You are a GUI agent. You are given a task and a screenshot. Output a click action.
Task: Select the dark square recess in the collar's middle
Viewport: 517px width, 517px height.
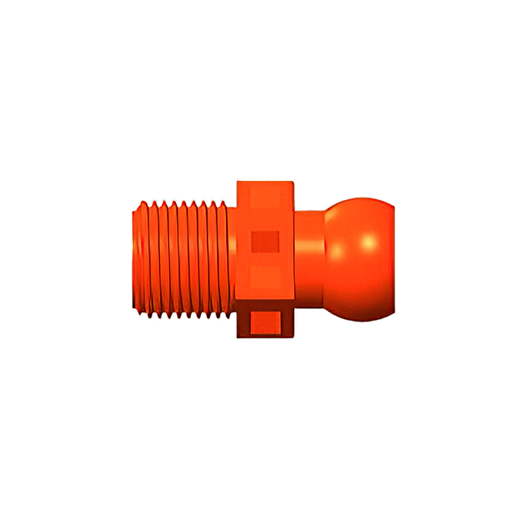coord(265,242)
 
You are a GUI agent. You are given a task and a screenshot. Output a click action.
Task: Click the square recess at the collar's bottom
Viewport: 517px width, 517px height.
coord(265,323)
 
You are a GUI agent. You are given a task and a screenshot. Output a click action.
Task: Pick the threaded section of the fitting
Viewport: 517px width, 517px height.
coord(181,258)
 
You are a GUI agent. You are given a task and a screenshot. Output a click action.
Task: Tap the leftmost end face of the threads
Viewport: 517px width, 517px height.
coord(135,258)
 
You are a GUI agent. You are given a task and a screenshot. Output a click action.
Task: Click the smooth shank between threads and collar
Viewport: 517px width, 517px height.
coord(231,258)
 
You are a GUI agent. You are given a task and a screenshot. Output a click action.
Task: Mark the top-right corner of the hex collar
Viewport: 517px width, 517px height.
coord(294,180)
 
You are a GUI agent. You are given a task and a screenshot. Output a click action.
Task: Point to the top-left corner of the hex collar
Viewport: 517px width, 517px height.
coord(237,180)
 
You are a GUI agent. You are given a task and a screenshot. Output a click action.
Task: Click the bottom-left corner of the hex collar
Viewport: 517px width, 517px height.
coord(237,338)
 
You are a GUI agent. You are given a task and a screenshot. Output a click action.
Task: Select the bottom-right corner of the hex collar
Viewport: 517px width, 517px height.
coord(294,338)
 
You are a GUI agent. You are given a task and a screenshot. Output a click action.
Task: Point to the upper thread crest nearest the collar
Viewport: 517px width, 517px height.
coord(222,200)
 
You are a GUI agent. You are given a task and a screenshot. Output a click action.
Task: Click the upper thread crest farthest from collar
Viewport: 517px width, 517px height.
coord(143,200)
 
